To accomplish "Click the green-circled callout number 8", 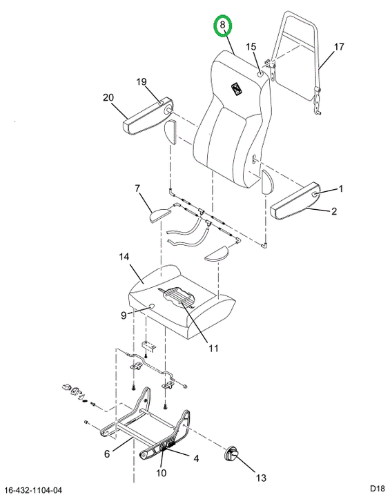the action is (x=223, y=25).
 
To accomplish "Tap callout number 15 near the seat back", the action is (x=251, y=47).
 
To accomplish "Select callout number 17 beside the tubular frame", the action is (x=339, y=47).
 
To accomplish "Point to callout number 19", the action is (x=142, y=81).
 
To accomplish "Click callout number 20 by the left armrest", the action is (x=108, y=97).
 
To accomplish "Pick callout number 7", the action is (x=137, y=188).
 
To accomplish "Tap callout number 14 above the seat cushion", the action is (x=124, y=256).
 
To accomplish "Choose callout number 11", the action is (x=213, y=348).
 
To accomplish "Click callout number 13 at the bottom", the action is (x=261, y=478).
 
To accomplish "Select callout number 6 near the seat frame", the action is (x=107, y=454).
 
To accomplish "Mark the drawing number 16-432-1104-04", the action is (x=34, y=490).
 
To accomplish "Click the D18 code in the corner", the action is (x=378, y=487).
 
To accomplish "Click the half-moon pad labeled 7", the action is (x=161, y=214).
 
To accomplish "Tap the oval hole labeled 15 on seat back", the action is (x=260, y=75).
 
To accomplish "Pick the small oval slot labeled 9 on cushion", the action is (x=150, y=306).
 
